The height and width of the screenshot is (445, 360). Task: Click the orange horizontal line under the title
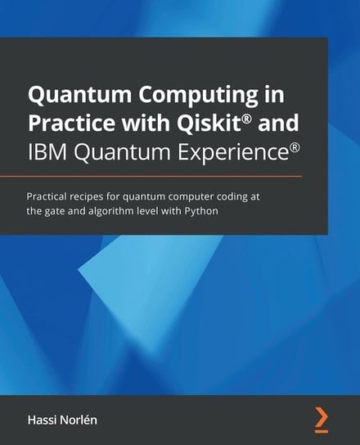(x=164, y=176)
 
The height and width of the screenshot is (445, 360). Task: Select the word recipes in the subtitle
(x=99, y=196)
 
